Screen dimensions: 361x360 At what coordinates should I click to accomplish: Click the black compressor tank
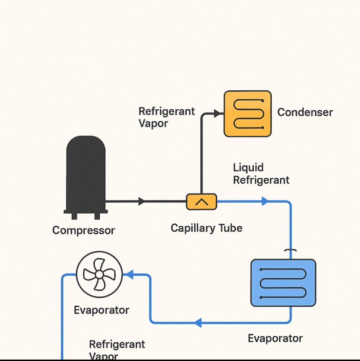pos(86,173)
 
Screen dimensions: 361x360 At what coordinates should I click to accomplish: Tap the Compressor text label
pos(83,231)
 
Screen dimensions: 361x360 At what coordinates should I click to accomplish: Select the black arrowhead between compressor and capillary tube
pos(142,202)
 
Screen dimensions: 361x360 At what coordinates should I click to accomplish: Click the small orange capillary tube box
pos(201,202)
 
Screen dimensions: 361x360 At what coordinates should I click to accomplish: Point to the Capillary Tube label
pos(206,228)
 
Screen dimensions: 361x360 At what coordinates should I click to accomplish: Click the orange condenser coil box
pos(248,114)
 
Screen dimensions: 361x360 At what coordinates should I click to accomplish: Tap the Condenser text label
pos(305,112)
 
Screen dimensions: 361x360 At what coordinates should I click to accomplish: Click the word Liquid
pos(248,167)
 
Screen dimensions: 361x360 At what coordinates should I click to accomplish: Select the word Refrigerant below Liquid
pos(261,180)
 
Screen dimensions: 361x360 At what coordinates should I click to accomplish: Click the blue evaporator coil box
pos(283,283)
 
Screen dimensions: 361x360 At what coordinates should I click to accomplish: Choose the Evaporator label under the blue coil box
pos(275,338)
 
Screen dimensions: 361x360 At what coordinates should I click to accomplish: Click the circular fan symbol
pos(99,274)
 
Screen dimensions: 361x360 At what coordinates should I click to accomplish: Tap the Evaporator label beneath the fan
pos(101,310)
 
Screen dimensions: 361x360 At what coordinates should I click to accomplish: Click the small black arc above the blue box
pos(291,251)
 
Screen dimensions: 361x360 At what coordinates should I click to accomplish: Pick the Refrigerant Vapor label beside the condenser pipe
pos(166,117)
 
